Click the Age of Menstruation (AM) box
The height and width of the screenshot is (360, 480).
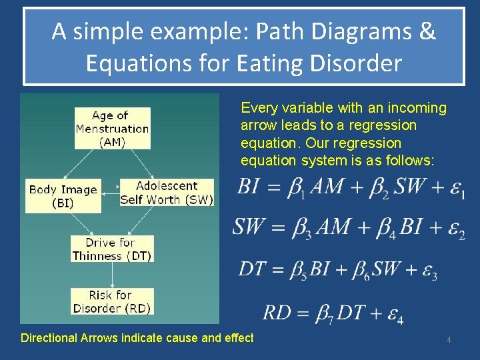click(112, 129)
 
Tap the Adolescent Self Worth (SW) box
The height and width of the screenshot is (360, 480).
click(167, 193)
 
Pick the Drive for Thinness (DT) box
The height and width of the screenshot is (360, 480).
click(112, 249)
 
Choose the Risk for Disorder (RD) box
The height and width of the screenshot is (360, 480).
click(112, 301)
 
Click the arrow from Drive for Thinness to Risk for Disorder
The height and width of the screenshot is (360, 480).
click(112, 275)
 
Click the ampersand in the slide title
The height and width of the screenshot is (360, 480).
click(427, 32)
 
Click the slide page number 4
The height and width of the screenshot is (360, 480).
click(449, 340)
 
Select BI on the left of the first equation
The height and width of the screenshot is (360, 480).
click(249, 187)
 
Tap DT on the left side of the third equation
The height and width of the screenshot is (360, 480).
click(252, 269)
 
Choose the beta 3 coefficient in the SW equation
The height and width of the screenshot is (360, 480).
click(302, 229)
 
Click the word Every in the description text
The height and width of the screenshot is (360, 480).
click(257, 108)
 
